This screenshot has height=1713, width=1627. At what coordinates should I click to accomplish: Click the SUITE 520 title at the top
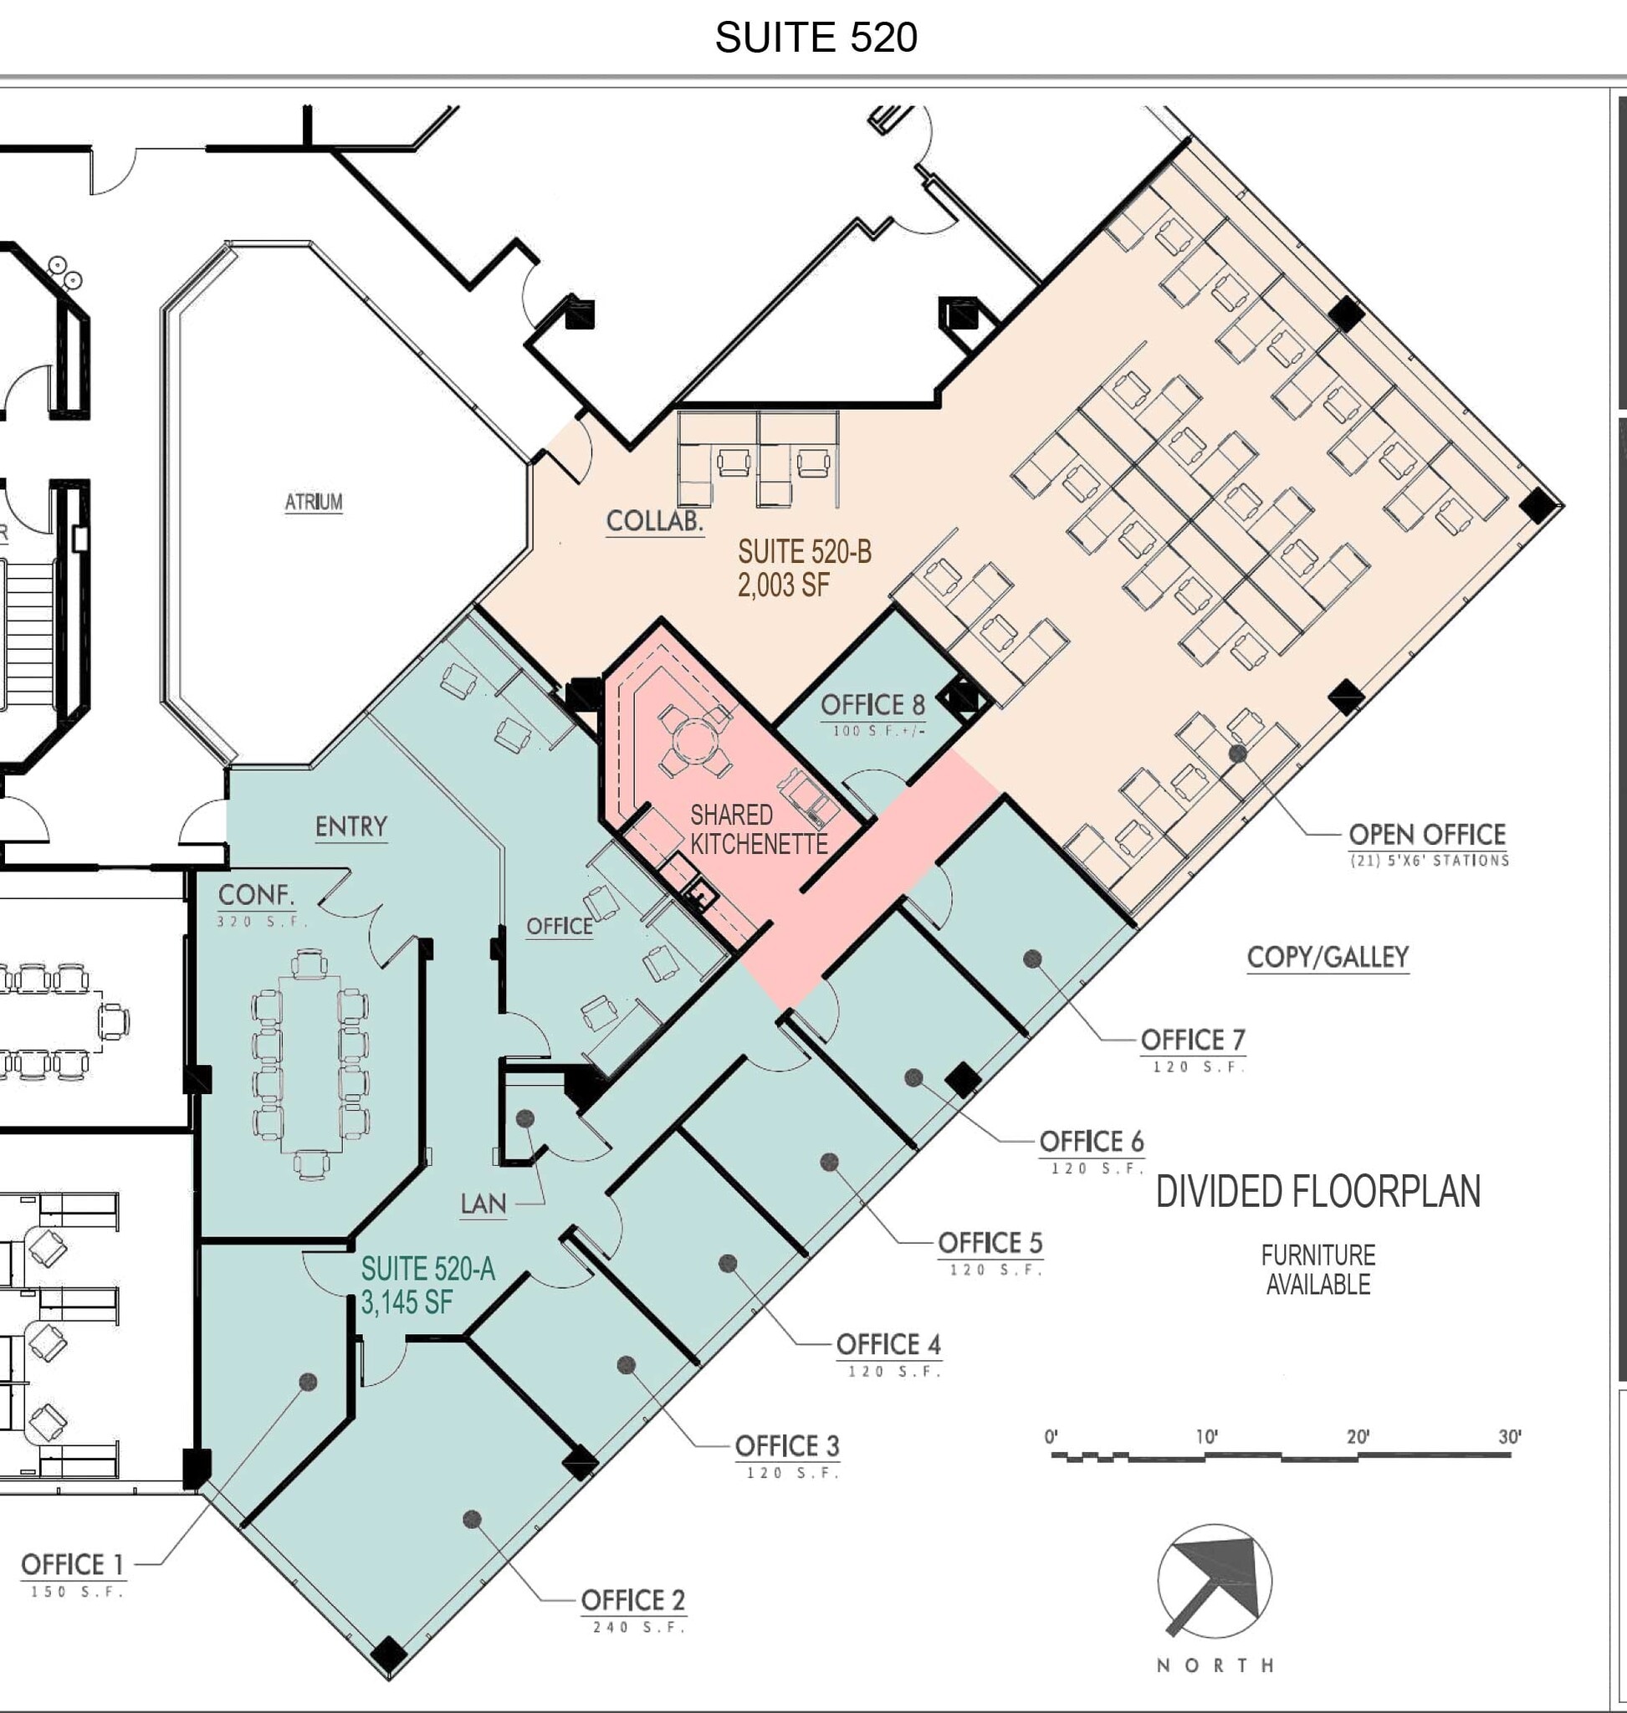tap(816, 38)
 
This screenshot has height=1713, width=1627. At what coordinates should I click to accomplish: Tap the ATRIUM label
tap(313, 501)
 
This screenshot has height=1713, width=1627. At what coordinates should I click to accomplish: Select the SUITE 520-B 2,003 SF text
tap(804, 568)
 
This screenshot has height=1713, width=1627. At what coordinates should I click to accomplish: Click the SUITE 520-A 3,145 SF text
tap(427, 1285)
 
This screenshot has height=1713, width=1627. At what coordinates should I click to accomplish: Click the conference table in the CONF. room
tap(310, 1063)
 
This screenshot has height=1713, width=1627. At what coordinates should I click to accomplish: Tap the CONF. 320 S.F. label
tap(258, 904)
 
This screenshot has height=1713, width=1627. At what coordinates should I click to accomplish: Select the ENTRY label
tap(350, 826)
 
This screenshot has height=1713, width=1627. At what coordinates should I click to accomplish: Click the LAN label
tap(483, 1204)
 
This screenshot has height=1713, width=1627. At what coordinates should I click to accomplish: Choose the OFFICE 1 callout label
tap(72, 1565)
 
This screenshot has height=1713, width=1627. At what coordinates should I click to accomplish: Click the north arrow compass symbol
tap(1214, 1581)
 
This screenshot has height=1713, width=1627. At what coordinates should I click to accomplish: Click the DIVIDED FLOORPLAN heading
tap(1317, 1191)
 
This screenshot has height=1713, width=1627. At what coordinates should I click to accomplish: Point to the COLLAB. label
tap(654, 521)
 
